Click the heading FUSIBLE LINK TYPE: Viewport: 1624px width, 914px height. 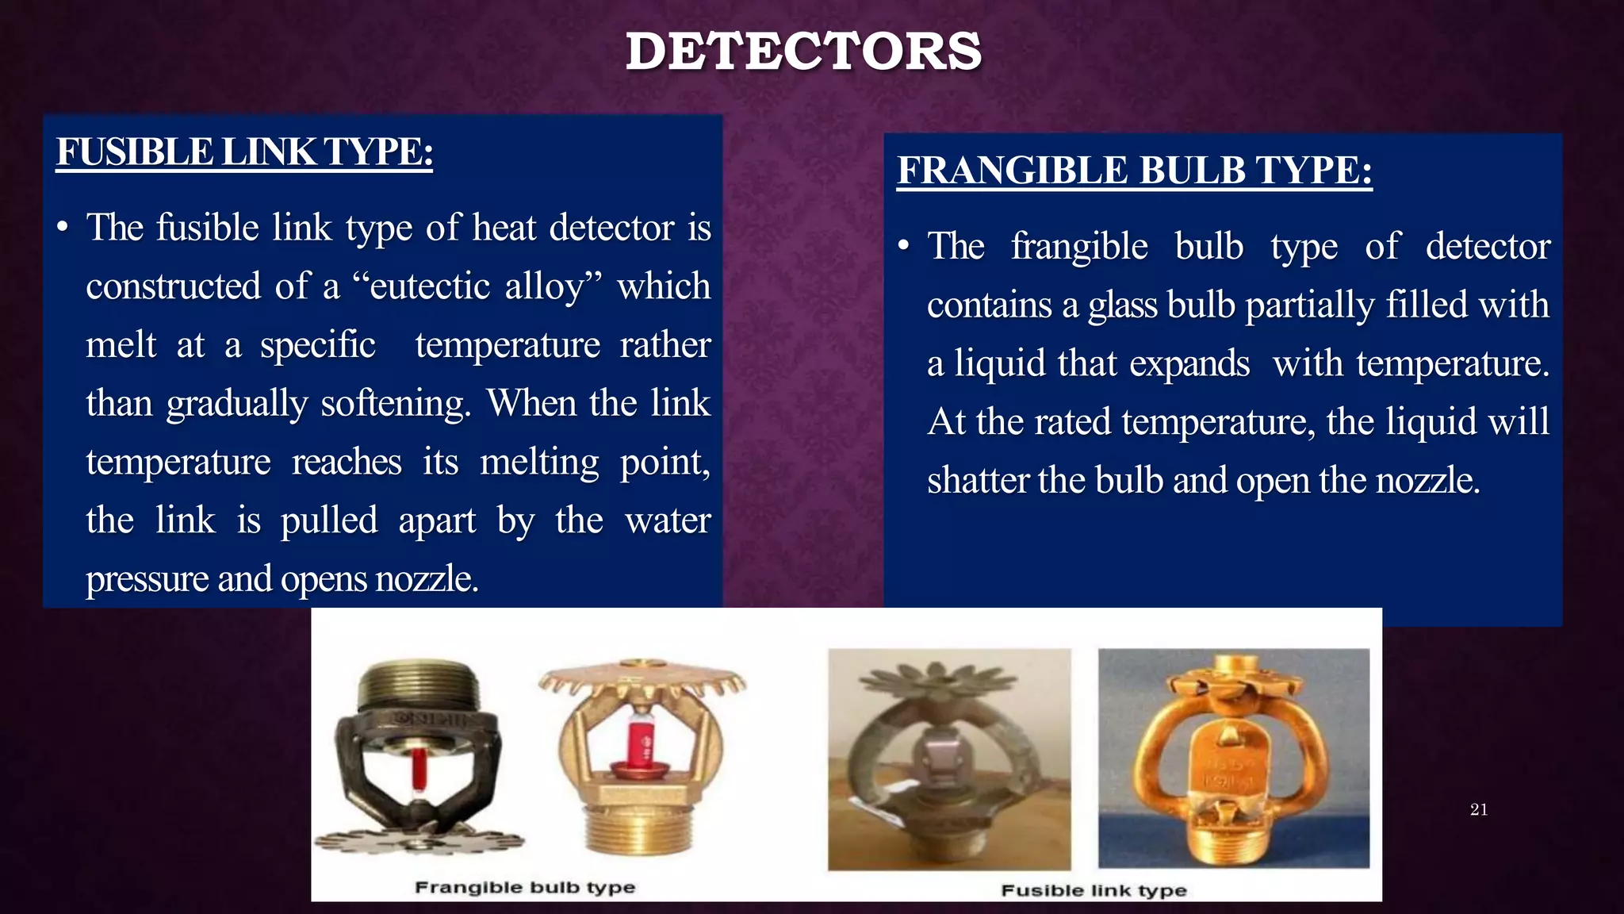[244, 152]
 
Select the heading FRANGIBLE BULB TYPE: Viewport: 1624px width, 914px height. [1134, 170]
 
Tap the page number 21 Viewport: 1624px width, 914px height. [1478, 809]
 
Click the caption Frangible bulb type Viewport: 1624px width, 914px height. [525, 887]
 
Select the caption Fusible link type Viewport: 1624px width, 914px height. [1094, 890]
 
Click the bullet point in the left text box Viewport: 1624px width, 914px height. [63, 228]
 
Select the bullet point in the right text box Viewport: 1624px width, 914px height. [903, 247]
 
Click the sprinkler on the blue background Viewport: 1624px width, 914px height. [1233, 758]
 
